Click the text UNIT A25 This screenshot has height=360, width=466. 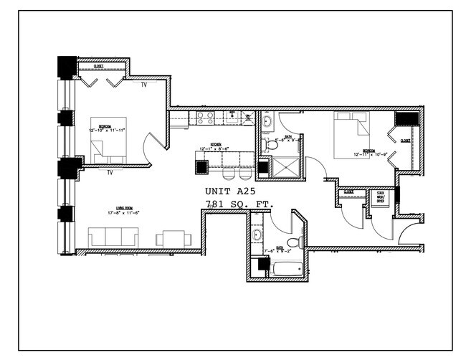tap(230, 192)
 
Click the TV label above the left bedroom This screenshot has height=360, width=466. tap(144, 84)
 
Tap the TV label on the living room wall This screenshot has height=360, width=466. tap(110, 173)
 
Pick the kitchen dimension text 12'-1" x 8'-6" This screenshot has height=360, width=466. tap(214, 149)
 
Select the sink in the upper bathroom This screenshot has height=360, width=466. tap(266, 122)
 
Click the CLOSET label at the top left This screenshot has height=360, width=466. tap(98, 67)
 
